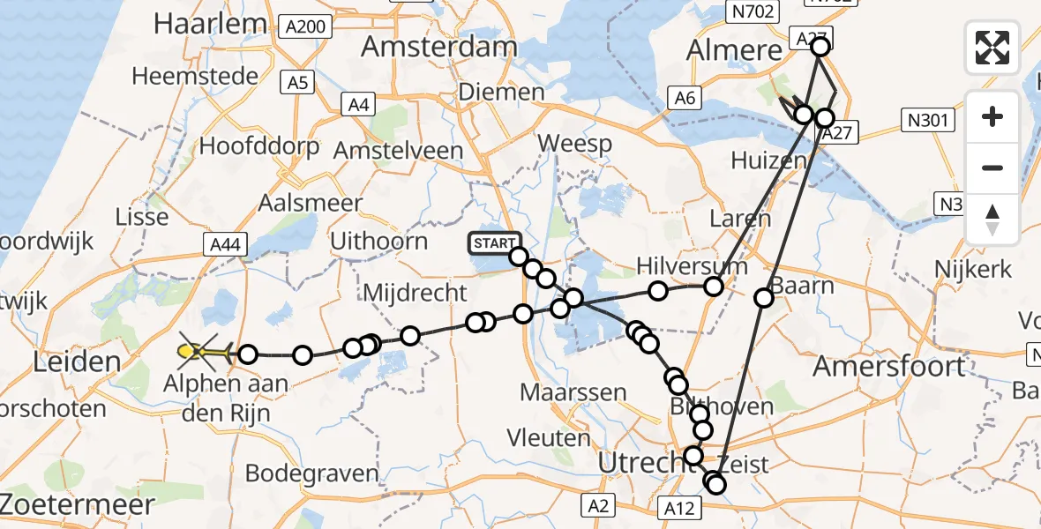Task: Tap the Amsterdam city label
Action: pos(438,47)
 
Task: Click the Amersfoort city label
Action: pos(889,365)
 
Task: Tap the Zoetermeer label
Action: pos(75,503)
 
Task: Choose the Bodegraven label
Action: pos(312,473)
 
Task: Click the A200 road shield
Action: pos(310,26)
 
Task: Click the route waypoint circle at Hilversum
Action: pos(714,287)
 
